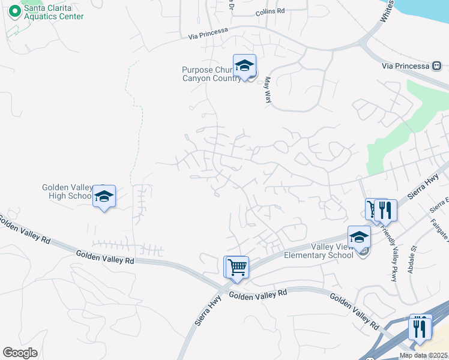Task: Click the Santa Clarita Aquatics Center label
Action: tap(53, 13)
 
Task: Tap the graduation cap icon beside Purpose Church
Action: tap(245, 66)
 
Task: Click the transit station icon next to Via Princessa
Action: tap(438, 65)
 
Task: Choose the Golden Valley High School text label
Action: tap(67, 191)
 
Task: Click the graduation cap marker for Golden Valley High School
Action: tap(104, 196)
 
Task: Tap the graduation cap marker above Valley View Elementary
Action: tap(359, 236)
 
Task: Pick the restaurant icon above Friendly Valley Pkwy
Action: tap(386, 210)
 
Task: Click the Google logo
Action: tap(20, 353)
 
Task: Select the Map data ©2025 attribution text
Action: tap(424, 355)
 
